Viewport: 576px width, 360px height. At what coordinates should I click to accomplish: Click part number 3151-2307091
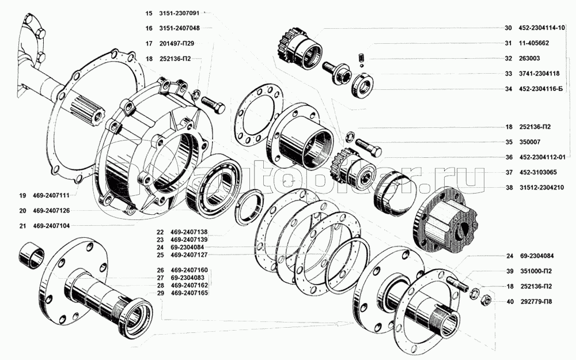click(179, 13)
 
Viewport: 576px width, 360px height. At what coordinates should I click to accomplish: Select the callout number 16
click(149, 28)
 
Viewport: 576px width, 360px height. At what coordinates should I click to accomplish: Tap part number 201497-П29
click(177, 43)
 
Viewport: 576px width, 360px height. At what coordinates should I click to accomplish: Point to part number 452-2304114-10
click(542, 28)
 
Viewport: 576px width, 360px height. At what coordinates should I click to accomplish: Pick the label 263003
click(529, 58)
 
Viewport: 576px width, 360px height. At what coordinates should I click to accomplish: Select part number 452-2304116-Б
click(541, 89)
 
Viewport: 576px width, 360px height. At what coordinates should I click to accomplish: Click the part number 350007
click(529, 142)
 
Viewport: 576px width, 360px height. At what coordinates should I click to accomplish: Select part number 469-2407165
click(189, 293)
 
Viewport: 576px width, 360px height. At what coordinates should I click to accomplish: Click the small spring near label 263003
click(361, 58)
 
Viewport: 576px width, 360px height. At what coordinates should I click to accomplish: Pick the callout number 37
click(509, 172)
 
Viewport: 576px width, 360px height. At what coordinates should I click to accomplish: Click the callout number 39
click(510, 271)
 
